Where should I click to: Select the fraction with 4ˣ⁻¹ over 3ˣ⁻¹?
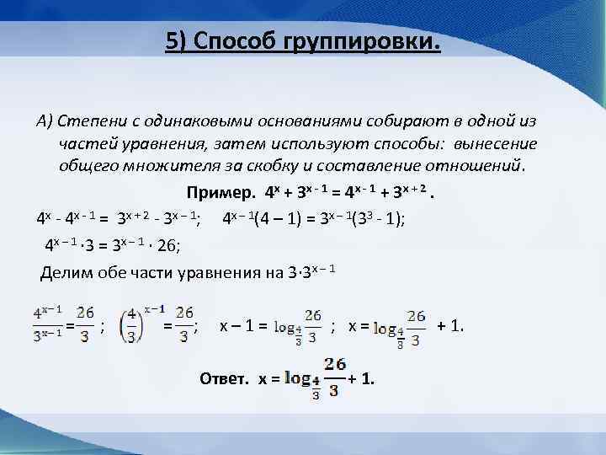pos(50,324)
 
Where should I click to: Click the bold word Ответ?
pos(224,379)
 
